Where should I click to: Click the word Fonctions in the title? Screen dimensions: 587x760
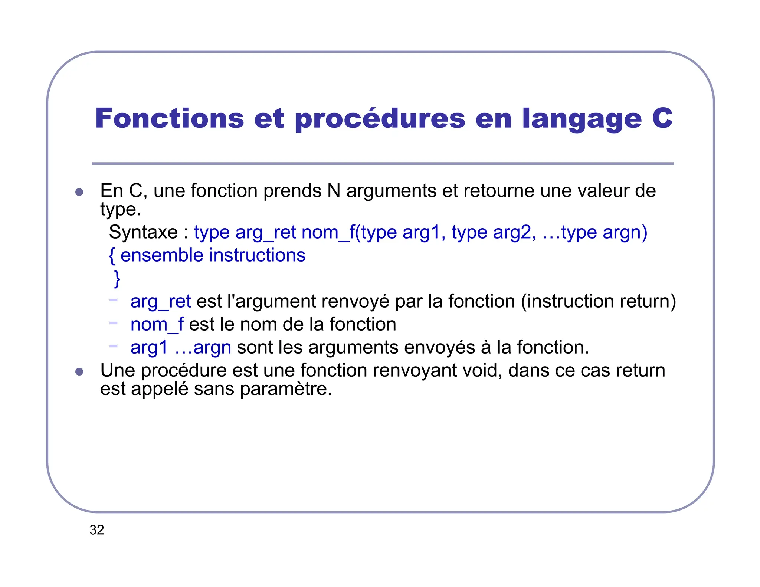click(x=169, y=118)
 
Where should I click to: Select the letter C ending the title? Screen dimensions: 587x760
click(x=662, y=118)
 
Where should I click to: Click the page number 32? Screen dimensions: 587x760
click(x=97, y=530)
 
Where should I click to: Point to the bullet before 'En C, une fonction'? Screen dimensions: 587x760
click(x=79, y=192)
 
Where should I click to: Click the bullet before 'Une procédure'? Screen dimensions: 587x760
click(x=79, y=372)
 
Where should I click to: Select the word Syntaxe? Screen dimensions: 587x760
click(x=143, y=232)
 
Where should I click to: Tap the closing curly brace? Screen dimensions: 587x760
click(x=117, y=279)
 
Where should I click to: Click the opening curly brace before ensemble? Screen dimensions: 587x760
click(x=112, y=256)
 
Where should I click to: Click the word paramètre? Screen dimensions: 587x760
click(x=285, y=389)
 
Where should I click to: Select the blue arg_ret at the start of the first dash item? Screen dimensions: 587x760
click(x=161, y=301)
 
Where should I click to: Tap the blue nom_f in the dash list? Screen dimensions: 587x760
click(x=157, y=324)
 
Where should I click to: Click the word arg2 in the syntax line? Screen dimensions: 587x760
click(x=514, y=233)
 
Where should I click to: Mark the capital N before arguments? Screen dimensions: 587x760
click(x=334, y=191)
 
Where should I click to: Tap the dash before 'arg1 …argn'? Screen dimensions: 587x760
click(x=113, y=346)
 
